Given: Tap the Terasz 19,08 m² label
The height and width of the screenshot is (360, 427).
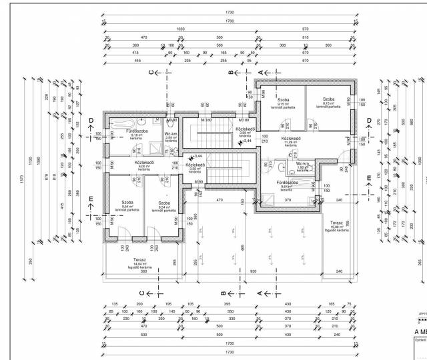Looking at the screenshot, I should [x=336, y=225].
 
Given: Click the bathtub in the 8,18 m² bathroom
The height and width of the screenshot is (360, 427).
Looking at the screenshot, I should [x=125, y=123].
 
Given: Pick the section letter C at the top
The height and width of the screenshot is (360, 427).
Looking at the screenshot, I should [x=151, y=71].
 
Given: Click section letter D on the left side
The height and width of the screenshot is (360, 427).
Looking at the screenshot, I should [x=91, y=120].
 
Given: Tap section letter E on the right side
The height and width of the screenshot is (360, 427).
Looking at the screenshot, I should [x=369, y=178].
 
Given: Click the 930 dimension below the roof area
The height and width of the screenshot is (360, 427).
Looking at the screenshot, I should [x=254, y=271].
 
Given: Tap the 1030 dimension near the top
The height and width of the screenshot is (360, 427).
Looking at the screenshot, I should [x=179, y=30].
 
